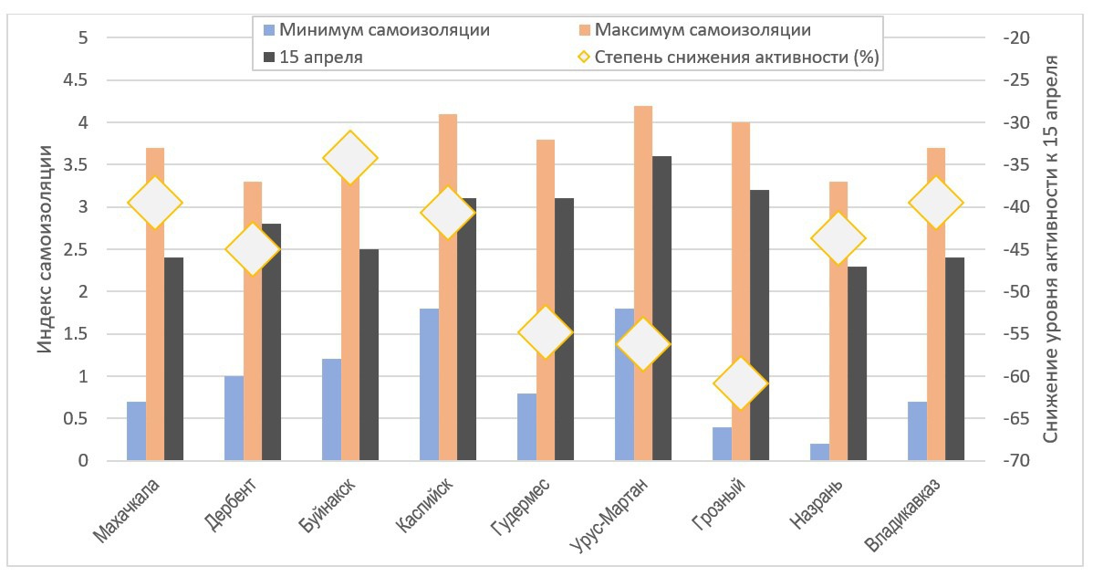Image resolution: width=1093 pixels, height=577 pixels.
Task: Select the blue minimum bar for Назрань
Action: pos(819,452)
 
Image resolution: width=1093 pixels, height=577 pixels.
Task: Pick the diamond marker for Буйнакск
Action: pos(350,157)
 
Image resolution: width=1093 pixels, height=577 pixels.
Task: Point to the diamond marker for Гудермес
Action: pos(546,333)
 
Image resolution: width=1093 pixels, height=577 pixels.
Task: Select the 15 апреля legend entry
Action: pos(319,58)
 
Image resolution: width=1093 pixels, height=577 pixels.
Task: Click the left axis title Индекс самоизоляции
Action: pos(44,249)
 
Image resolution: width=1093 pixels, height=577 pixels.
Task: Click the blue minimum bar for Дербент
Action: pos(234,418)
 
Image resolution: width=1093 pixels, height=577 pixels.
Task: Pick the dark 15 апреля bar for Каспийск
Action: pos(466,330)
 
